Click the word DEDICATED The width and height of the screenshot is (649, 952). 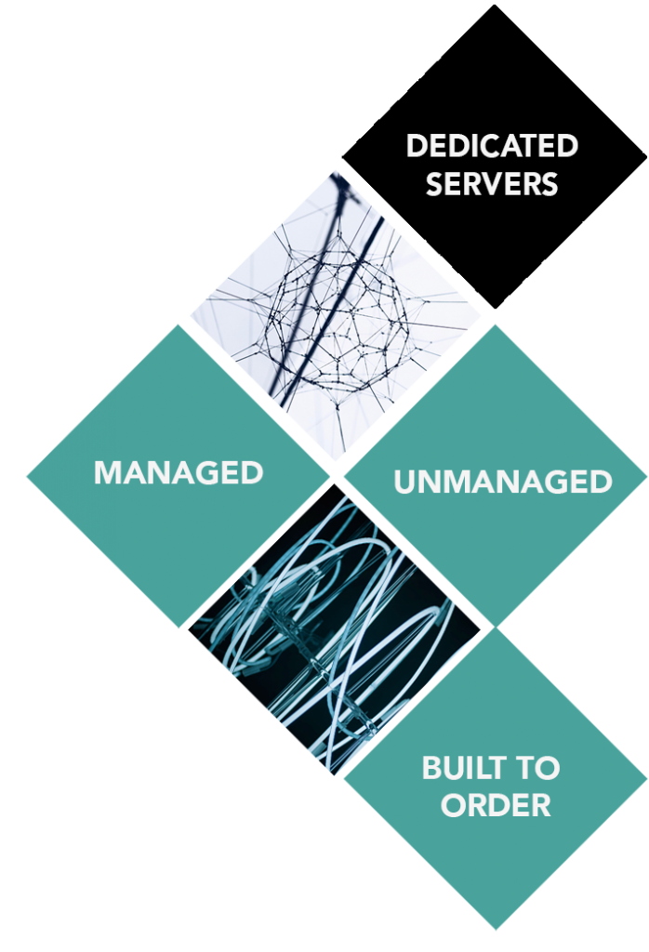point(492,146)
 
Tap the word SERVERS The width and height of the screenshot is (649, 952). point(492,183)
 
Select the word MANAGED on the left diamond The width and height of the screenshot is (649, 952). point(179,472)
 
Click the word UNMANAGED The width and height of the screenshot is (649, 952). point(502,482)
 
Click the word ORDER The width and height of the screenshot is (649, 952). point(496,805)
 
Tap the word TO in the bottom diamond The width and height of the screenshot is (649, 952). point(539,769)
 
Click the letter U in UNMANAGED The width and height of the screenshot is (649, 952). point(404,483)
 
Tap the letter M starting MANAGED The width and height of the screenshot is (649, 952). point(107,472)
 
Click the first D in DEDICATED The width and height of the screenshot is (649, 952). point(416,146)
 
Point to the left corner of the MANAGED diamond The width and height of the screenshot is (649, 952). point(26,476)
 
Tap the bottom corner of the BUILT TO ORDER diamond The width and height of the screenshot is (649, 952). point(496,930)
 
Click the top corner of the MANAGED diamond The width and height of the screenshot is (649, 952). point(179,324)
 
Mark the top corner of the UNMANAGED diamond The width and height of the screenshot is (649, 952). point(496,324)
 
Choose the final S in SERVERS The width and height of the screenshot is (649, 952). point(550,183)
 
